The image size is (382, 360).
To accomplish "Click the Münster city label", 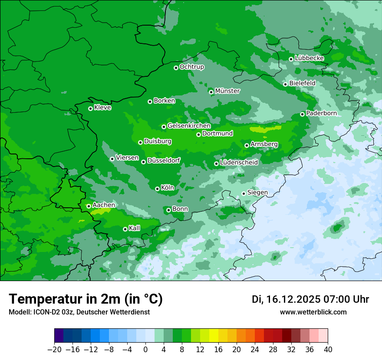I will [x=227, y=91].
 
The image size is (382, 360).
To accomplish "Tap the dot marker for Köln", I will [x=157, y=189].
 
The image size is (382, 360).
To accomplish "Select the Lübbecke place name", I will [x=309, y=58].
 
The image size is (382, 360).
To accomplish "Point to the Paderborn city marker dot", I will [x=302, y=114].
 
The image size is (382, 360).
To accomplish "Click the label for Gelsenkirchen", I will [x=189, y=126].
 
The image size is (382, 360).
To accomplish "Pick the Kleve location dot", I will [x=90, y=108].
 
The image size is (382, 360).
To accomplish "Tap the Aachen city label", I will [x=104, y=205].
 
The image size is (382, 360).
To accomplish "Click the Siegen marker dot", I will [x=244, y=193].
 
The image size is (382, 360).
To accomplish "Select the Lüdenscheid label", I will [x=239, y=163].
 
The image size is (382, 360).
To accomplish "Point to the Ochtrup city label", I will [x=191, y=67].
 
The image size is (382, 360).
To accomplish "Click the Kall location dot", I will [x=125, y=229].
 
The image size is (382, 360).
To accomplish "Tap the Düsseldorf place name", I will [x=163, y=160].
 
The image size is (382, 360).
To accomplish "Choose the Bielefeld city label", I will [x=302, y=83].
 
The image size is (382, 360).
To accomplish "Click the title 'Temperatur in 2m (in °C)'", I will [x=86, y=299].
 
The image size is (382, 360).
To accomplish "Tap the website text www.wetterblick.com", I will [x=313, y=312].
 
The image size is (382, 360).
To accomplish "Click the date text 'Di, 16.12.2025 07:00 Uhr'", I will [x=310, y=299].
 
